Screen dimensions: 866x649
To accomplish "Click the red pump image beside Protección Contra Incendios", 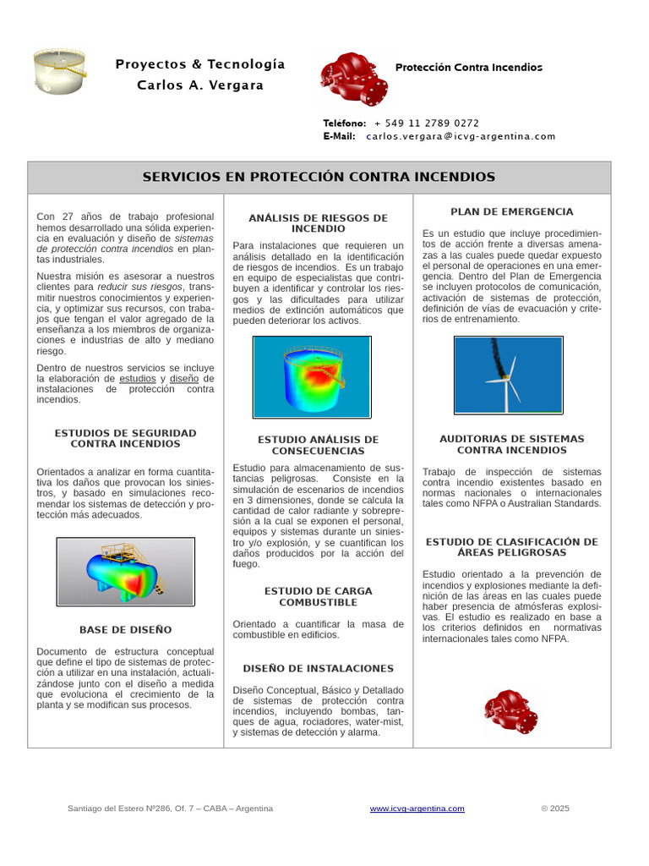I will coord(354,79).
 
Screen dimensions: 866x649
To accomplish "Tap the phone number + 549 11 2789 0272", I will coord(426,123).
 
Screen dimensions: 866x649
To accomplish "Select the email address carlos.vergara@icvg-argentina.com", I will coord(461,136).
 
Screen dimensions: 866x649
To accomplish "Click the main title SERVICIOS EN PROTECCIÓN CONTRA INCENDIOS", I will coord(319,177).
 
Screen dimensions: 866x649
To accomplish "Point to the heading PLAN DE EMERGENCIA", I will coord(511,211).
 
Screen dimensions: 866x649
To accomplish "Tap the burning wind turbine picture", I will coord(508,375).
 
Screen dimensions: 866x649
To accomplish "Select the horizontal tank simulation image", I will coord(125,571).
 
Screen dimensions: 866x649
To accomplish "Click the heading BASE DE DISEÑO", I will coord(125,630).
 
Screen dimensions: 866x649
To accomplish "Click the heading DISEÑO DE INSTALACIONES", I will coord(318,668).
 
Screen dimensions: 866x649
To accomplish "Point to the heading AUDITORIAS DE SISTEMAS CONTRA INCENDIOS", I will coord(511,444).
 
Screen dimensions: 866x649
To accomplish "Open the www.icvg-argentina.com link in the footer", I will coord(417,808).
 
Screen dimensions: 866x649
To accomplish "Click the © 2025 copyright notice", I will coord(555,808).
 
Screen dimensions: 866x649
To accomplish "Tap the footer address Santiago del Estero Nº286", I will coord(170,808).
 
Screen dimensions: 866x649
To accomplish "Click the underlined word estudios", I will coord(138,379).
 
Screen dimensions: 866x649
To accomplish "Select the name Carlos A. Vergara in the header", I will coord(200,85).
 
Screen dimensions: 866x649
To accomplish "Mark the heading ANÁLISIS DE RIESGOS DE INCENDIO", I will coord(318,223).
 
